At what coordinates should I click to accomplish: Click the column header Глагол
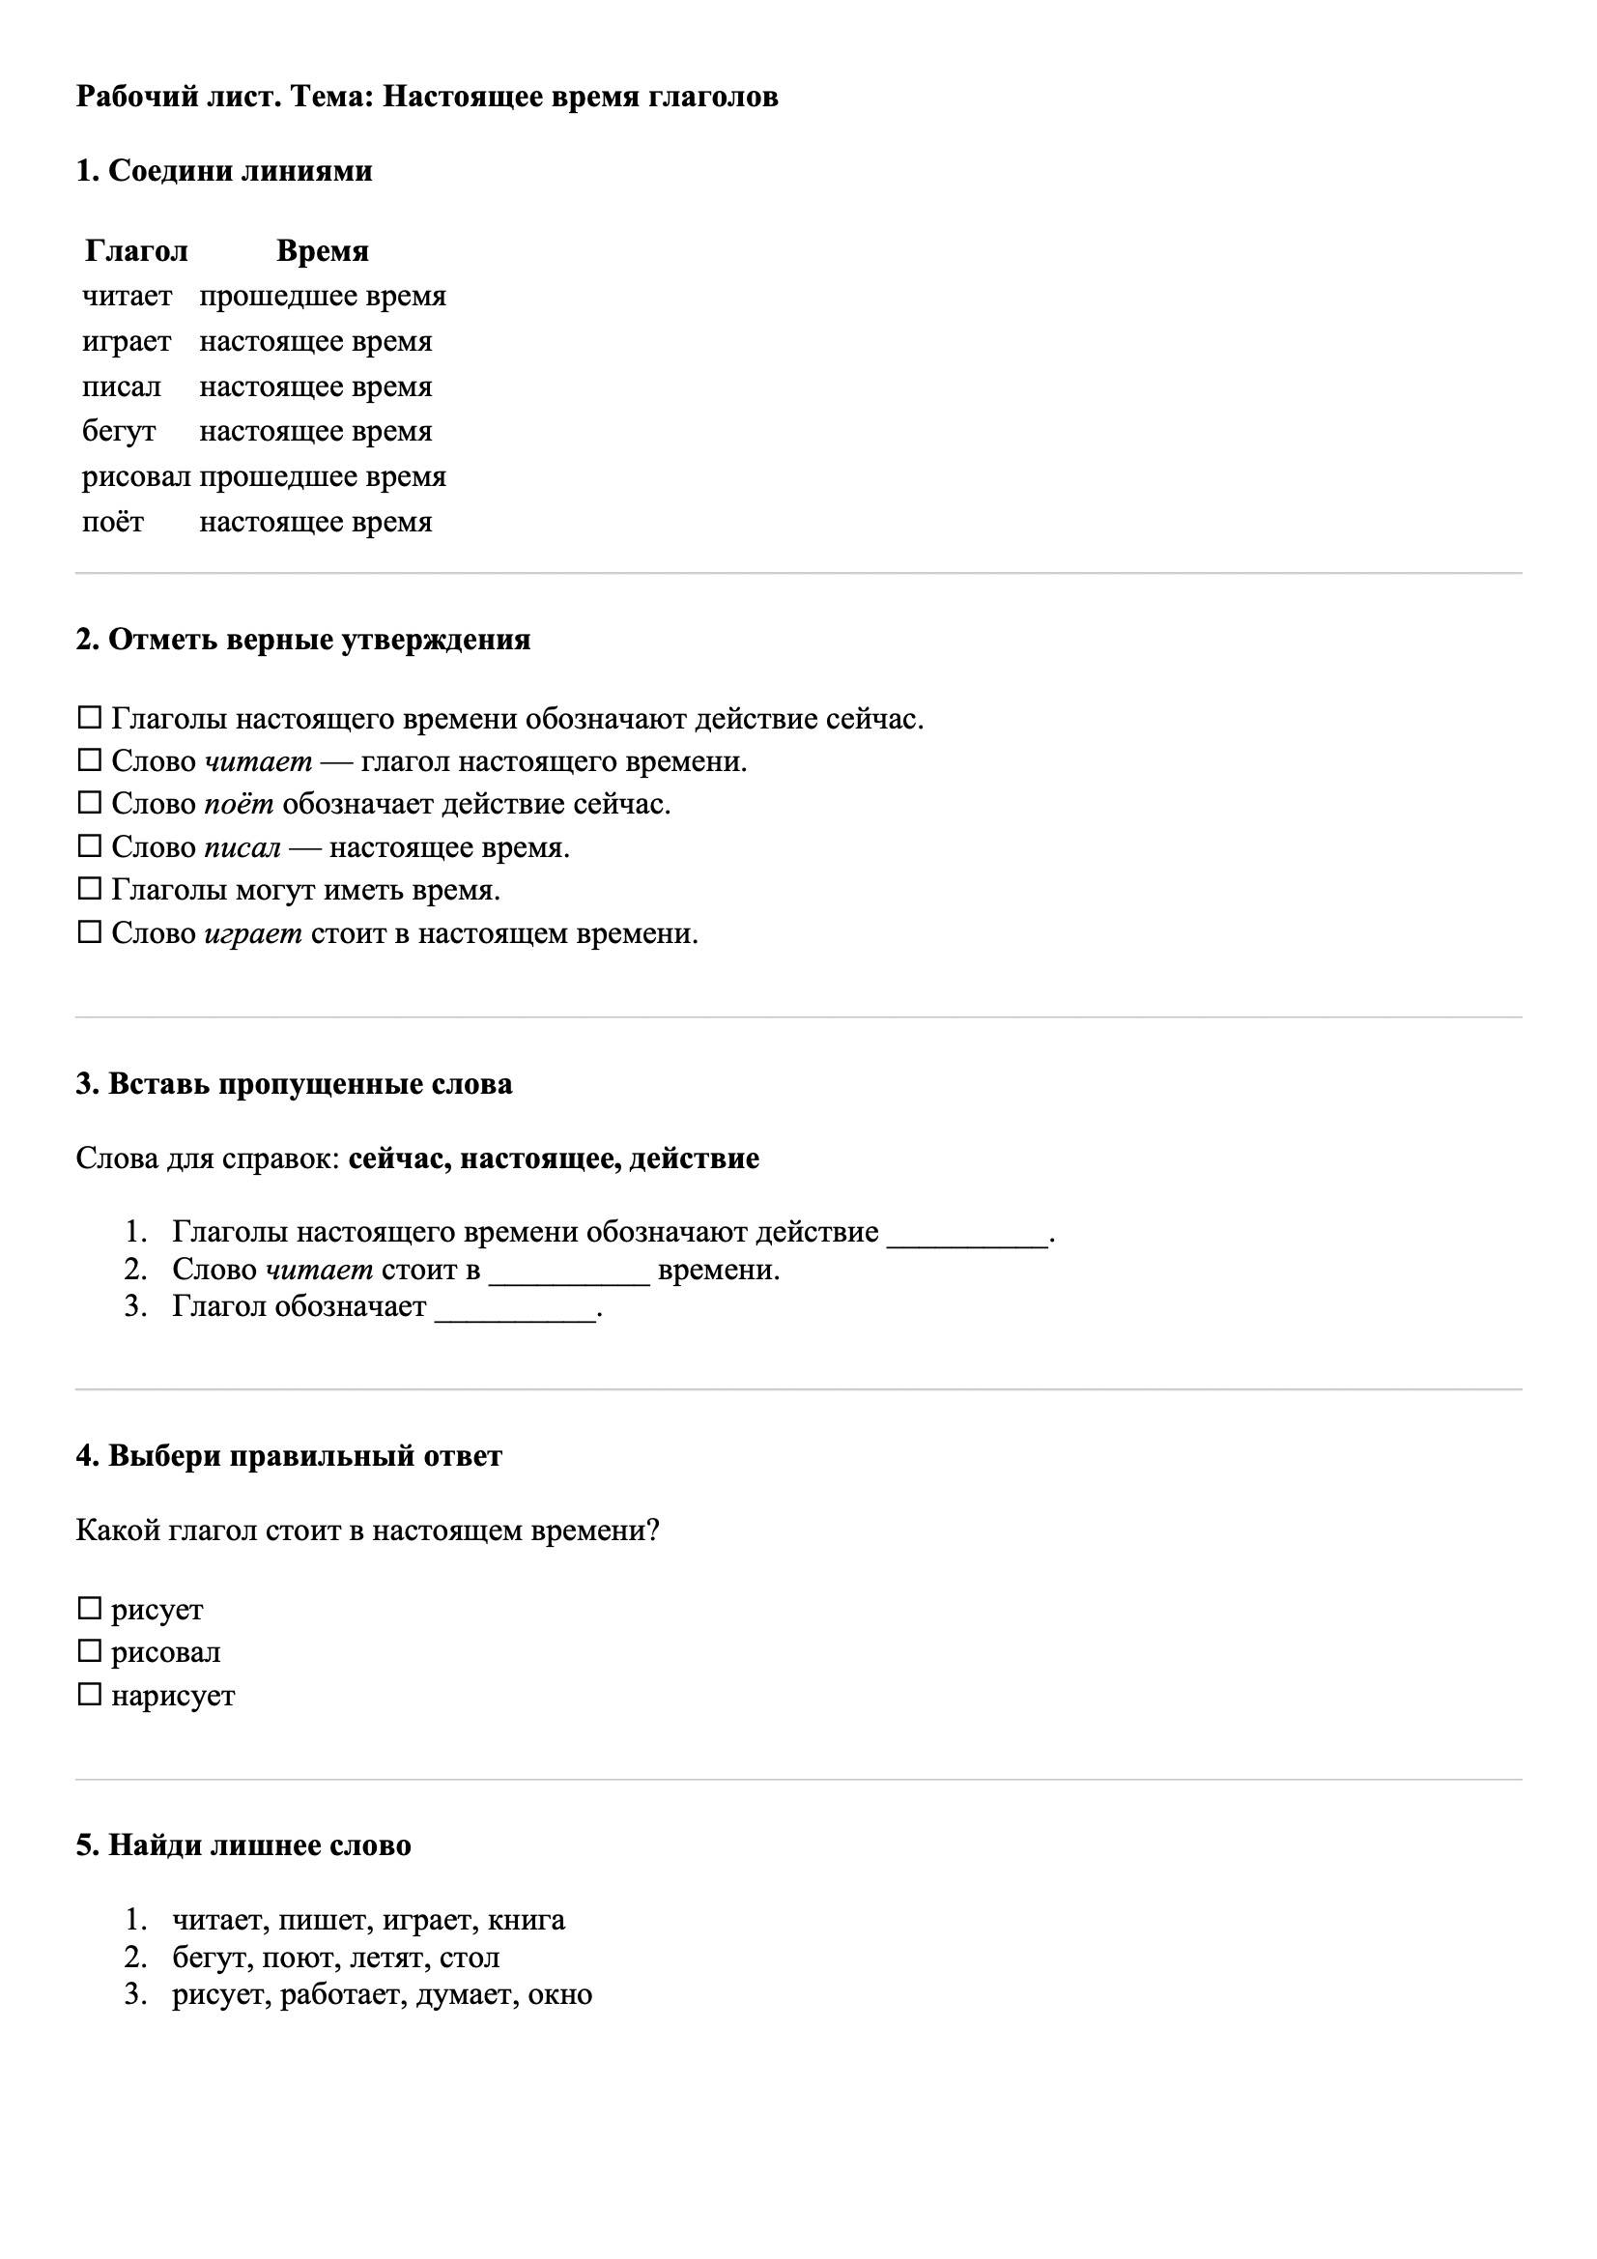point(136,251)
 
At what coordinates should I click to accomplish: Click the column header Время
point(322,251)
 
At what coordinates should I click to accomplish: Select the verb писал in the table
point(121,386)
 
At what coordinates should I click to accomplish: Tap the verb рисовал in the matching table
point(136,477)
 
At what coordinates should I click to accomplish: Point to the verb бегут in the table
point(119,432)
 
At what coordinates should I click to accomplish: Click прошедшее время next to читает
point(322,297)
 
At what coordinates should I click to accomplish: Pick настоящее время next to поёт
point(315,523)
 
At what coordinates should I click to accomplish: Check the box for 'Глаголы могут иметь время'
point(90,890)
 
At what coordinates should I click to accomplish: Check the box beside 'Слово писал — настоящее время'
point(90,846)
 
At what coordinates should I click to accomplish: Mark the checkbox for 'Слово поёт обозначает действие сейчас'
point(90,804)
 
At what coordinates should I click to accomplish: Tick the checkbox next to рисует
point(90,1610)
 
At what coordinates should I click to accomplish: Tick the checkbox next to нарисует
point(90,1695)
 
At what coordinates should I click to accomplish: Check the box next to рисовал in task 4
point(90,1652)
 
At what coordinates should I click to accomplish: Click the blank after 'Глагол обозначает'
point(515,1308)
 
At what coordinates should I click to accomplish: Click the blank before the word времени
point(569,1272)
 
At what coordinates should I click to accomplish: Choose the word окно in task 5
point(560,1994)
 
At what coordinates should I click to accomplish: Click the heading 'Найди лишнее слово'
point(243,1844)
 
